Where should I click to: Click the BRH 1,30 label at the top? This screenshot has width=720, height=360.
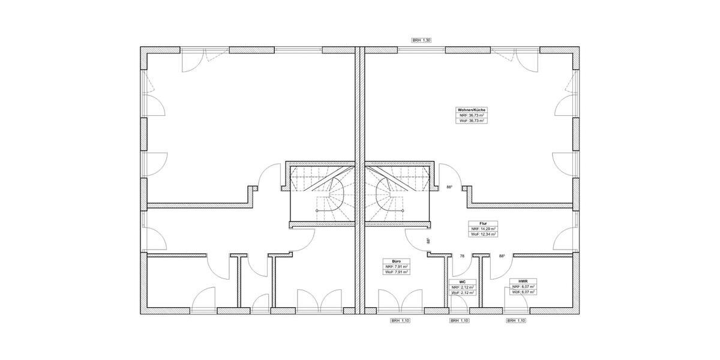point(421,40)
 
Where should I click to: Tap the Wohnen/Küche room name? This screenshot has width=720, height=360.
point(472,110)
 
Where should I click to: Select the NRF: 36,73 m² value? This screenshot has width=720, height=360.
point(472,115)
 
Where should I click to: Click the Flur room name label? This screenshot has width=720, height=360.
point(483,223)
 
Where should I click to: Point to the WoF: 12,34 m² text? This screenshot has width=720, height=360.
point(483,234)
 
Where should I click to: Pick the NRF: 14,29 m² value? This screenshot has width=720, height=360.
point(483,229)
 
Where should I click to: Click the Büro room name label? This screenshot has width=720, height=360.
point(396,262)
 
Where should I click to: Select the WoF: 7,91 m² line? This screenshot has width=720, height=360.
point(396,272)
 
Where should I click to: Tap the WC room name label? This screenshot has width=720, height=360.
point(463,281)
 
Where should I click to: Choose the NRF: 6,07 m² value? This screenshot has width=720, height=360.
point(523,287)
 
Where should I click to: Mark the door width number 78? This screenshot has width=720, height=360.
point(461,256)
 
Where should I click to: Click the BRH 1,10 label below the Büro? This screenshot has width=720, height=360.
point(400,321)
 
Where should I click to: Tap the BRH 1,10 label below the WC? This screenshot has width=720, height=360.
point(459,321)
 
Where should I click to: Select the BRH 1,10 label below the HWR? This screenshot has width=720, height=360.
point(516,321)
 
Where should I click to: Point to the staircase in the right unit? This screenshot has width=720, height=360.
point(397,192)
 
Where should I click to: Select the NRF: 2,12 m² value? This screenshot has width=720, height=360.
point(463,287)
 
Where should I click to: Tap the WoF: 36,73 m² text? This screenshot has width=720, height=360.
point(472,121)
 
